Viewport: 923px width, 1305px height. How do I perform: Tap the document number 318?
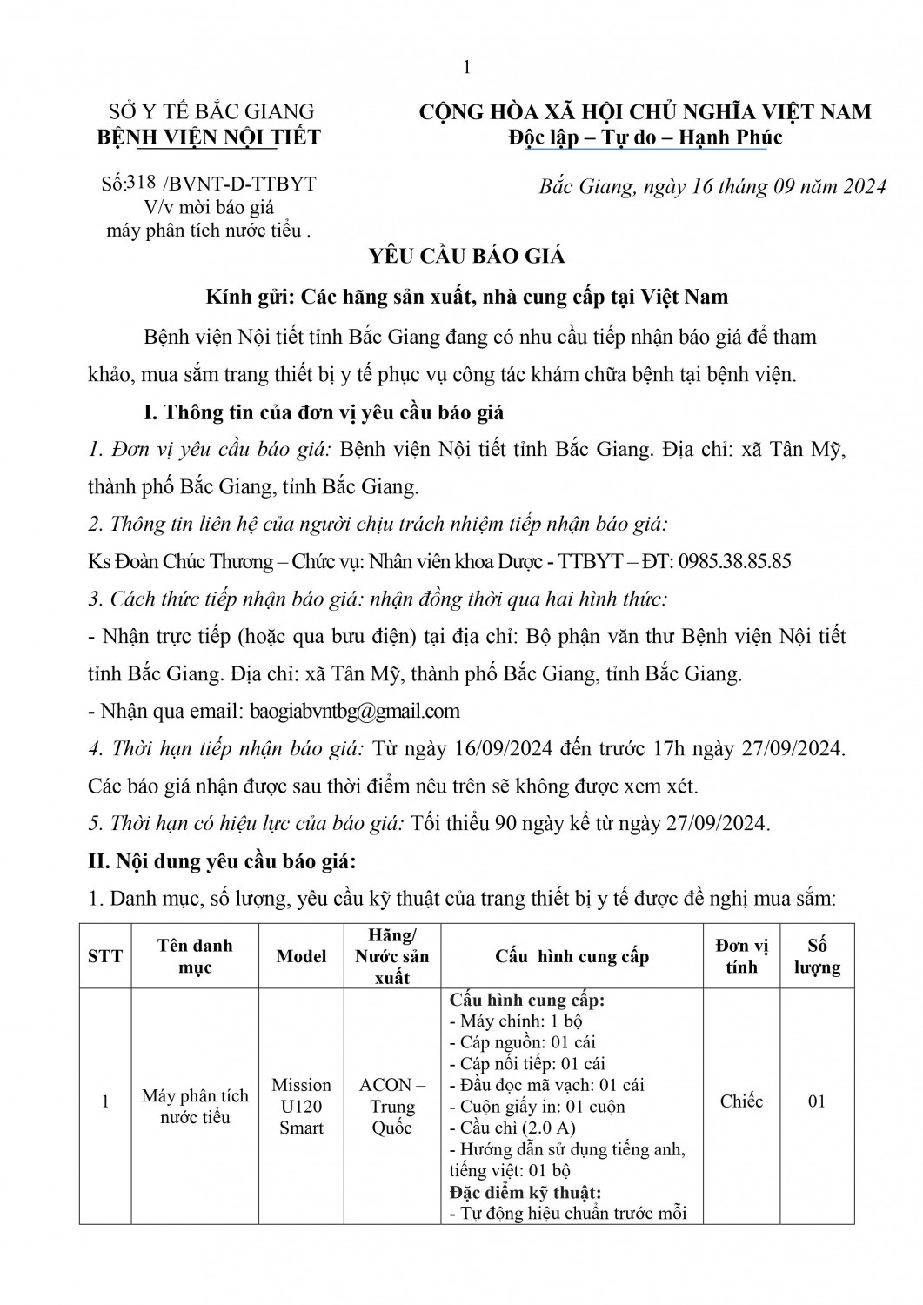point(142,182)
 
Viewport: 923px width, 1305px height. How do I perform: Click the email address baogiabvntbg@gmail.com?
point(355,711)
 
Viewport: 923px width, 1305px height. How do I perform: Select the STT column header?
point(105,956)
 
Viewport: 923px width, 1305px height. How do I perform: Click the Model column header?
point(301,956)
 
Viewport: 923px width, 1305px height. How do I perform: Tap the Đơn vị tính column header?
point(741,956)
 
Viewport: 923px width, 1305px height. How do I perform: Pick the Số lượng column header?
point(816,956)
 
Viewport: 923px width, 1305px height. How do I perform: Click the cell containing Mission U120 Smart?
point(301,1107)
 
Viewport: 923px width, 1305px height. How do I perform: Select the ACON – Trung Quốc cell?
point(392,1107)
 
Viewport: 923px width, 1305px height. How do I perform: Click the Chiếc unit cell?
point(741,1101)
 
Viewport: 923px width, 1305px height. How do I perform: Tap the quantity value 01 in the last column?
point(816,1101)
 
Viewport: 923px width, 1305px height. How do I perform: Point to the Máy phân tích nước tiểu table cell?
point(195,1107)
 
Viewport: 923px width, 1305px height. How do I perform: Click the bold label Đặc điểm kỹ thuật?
point(525,1193)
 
